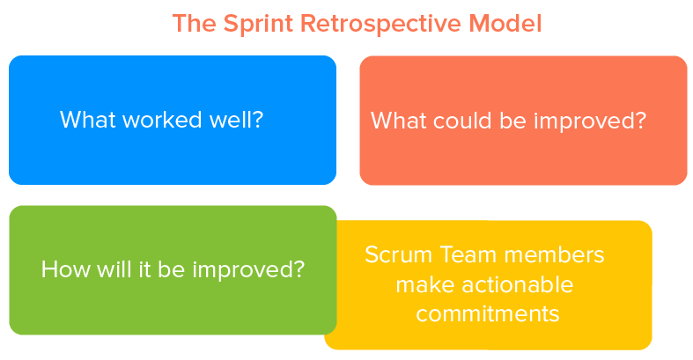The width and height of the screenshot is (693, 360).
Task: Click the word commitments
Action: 488,314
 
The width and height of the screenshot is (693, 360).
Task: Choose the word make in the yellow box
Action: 423,285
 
